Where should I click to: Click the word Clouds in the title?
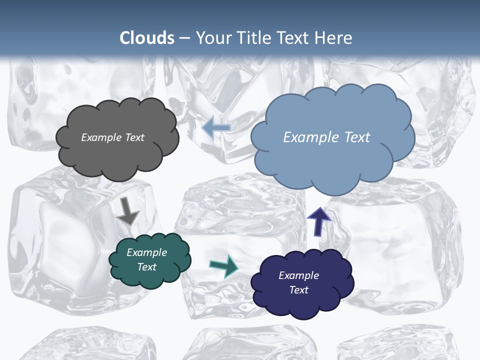(x=147, y=38)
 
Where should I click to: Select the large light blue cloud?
(x=332, y=160)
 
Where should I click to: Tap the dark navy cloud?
(x=303, y=297)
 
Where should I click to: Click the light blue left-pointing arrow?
(x=216, y=127)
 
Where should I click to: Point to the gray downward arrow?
(x=127, y=211)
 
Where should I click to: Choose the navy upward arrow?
(x=318, y=221)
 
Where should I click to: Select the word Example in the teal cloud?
(x=147, y=252)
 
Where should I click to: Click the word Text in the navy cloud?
(x=299, y=290)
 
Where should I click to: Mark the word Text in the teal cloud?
(x=147, y=267)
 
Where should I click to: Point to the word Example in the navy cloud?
(x=299, y=275)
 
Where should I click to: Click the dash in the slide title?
(x=184, y=38)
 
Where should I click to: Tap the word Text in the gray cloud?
(x=134, y=137)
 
